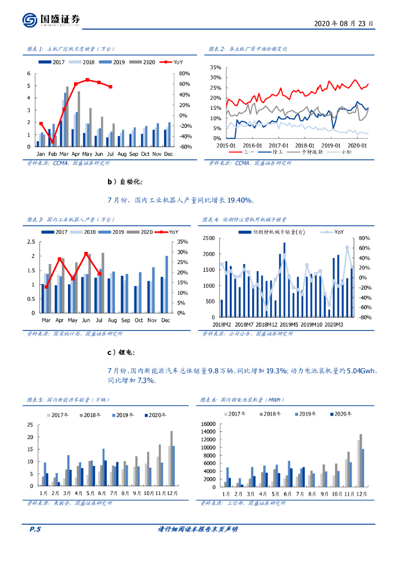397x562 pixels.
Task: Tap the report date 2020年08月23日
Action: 344,24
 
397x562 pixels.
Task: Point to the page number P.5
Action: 35,529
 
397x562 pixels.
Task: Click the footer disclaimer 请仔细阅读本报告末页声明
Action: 198,529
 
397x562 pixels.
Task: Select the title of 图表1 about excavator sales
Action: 70,49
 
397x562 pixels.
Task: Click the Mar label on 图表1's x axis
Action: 64,154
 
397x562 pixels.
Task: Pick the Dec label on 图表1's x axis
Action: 168,154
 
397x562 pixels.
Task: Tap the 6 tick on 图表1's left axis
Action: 29,74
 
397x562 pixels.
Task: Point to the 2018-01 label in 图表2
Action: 297,145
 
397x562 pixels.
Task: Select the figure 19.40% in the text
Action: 239,201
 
